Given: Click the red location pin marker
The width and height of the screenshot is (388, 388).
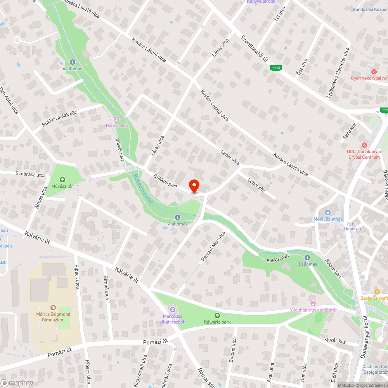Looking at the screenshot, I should coord(194,186).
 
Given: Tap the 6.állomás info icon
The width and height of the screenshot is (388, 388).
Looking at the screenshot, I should coord(73,62).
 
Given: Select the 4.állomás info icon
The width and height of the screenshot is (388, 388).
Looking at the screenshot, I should coord(177,217).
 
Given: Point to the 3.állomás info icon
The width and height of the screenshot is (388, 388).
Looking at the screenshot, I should coord(307,258).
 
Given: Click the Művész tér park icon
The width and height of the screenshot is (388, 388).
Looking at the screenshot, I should coord(62,180).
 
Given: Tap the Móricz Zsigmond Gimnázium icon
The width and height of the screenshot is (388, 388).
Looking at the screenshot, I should coord(54,307).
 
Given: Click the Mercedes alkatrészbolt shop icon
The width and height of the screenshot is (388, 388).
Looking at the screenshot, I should coord(172,309).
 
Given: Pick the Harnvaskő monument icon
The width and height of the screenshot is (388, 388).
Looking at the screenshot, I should coord(116,119).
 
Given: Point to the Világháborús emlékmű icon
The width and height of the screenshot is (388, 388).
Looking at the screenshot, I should coord(313,303).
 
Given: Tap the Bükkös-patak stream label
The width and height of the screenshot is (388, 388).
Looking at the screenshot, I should coord(142,189).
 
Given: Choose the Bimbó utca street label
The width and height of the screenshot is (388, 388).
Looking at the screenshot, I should coord(106,288).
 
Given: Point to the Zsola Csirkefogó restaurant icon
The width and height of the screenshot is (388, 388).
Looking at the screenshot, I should coord(376,291).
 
